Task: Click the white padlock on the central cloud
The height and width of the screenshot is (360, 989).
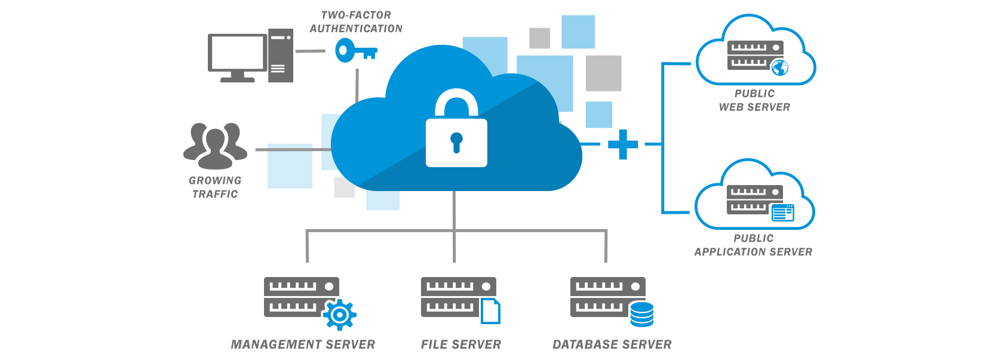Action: click(x=456, y=134)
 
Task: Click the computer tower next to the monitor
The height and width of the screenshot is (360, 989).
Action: click(x=280, y=56)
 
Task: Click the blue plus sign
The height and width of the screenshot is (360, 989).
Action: click(x=623, y=144)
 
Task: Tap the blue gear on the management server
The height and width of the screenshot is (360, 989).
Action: click(x=340, y=315)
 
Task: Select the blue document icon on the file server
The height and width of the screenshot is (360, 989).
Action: click(x=491, y=311)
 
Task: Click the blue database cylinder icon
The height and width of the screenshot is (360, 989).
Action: click(x=642, y=314)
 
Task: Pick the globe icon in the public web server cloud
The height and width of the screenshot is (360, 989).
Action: click(x=779, y=67)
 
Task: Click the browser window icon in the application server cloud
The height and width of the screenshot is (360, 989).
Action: click(x=782, y=213)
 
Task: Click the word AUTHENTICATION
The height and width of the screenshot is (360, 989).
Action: click(x=356, y=29)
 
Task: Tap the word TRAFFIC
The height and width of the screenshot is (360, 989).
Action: click(x=215, y=194)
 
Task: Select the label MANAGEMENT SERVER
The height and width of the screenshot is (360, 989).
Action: click(x=303, y=344)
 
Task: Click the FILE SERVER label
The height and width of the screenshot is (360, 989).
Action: click(x=460, y=344)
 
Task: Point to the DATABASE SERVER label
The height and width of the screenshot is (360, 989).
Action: click(x=612, y=344)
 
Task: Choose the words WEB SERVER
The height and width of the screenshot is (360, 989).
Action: click(x=754, y=107)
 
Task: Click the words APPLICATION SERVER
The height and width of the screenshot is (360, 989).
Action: click(x=753, y=252)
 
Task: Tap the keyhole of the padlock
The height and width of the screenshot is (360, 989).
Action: click(x=456, y=142)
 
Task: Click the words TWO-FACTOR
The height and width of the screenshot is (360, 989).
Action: click(x=356, y=15)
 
